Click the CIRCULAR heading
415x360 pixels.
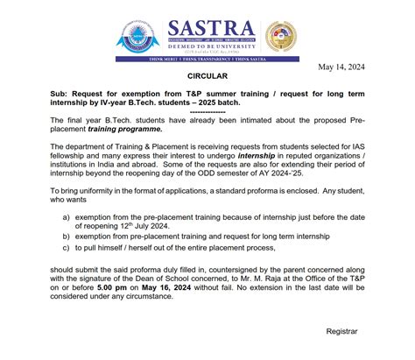207,77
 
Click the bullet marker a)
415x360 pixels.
67,215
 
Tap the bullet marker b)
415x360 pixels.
67,236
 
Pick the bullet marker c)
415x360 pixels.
67,251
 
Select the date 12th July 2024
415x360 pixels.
144,226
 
